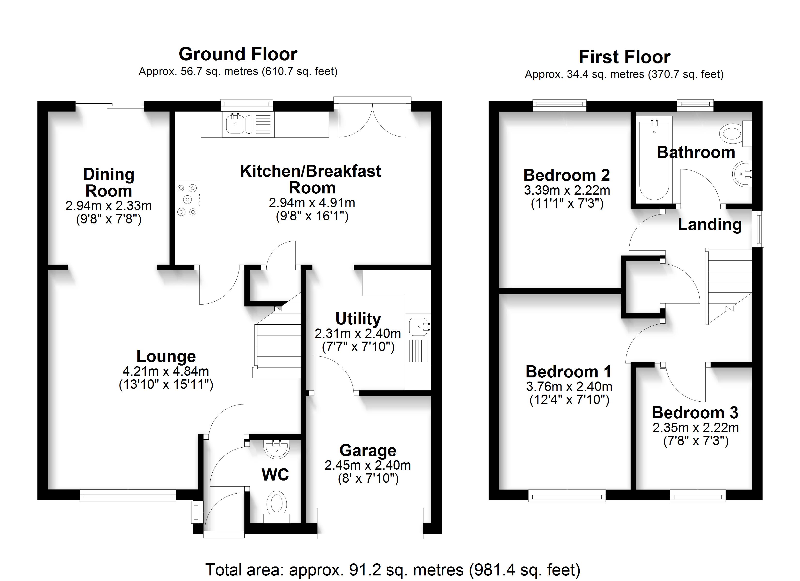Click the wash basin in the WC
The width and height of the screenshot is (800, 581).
pyautogui.click(x=277, y=449)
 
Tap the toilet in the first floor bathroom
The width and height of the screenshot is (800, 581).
pyautogui.click(x=735, y=134)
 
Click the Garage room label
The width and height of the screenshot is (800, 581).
pyautogui.click(x=368, y=450)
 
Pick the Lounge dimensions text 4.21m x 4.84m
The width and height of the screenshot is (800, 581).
pyautogui.click(x=166, y=371)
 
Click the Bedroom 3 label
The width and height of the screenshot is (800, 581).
pyautogui.click(x=695, y=413)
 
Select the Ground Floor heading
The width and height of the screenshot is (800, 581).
pyautogui.click(x=238, y=54)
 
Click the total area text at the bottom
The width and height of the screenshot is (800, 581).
pyautogui.click(x=393, y=570)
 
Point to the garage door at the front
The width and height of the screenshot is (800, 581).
pyautogui.click(x=370, y=523)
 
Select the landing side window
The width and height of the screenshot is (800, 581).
pyautogui.click(x=758, y=229)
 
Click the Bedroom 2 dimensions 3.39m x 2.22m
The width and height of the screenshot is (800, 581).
pyautogui.click(x=567, y=190)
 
